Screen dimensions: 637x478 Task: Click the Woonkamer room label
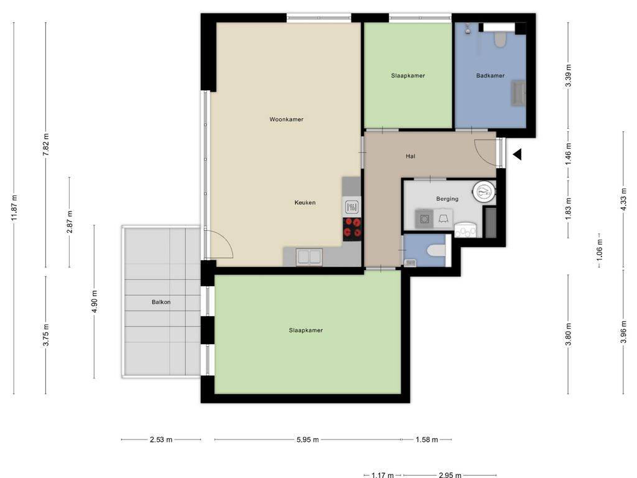click(x=286, y=119)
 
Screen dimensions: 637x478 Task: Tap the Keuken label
click(x=305, y=202)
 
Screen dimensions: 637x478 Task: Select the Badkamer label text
click(x=490, y=75)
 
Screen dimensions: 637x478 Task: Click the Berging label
click(x=447, y=199)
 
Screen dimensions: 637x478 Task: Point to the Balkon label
click(x=161, y=302)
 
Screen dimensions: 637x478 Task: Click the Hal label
click(x=411, y=156)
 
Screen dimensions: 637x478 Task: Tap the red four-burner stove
click(x=352, y=228)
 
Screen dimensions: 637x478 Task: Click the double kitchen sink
click(x=310, y=257)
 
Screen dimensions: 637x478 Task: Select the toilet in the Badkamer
click(x=500, y=39)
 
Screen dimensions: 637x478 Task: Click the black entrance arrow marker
click(x=517, y=154)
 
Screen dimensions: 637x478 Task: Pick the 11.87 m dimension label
click(x=14, y=208)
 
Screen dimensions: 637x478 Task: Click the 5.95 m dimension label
click(x=307, y=439)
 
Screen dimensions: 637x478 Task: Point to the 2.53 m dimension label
click(x=161, y=439)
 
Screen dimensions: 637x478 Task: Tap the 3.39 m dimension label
click(x=569, y=75)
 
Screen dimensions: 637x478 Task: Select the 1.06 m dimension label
click(x=600, y=250)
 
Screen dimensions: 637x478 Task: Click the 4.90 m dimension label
click(x=95, y=302)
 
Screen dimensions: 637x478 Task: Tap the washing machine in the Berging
click(x=424, y=219)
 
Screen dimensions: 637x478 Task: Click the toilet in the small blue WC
click(x=436, y=250)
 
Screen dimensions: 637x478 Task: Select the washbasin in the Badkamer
click(x=519, y=93)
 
